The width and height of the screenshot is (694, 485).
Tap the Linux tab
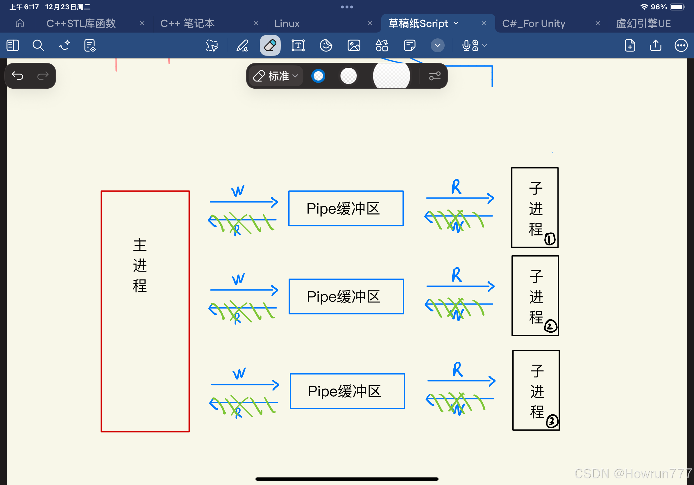tap(287, 24)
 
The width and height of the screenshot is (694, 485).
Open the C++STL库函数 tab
tap(81, 24)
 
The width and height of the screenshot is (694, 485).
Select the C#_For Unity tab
tap(534, 24)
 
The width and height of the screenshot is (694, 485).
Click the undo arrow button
tap(17, 76)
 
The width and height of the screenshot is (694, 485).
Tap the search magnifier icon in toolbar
tap(38, 46)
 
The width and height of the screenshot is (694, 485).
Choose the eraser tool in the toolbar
tap(270, 46)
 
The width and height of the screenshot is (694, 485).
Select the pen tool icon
tap(242, 46)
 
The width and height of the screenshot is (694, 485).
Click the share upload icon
tap(655, 46)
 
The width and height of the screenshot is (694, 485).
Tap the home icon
tap(20, 23)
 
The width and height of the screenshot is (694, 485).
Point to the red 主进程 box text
tap(140, 265)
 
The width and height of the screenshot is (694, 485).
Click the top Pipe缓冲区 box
tap(346, 208)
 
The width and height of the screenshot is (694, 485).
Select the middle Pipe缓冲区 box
tap(346, 296)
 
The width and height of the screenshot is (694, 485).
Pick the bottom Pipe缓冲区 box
tap(347, 391)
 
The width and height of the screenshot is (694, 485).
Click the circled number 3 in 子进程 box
tap(552, 421)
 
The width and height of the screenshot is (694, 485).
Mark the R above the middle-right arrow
tap(457, 275)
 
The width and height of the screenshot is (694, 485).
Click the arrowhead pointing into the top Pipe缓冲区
tap(274, 202)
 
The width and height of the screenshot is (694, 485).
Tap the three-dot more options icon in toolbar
tap(681, 46)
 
